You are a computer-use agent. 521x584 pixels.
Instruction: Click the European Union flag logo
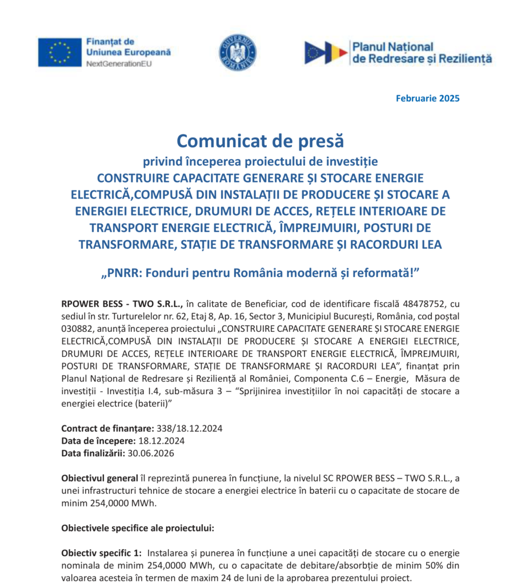click(60, 52)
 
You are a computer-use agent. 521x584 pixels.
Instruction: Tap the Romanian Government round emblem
click(238, 52)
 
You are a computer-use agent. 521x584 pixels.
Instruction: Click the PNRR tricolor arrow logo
click(326, 52)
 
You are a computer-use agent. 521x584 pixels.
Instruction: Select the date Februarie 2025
click(427, 98)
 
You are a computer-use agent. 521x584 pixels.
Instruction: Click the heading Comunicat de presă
click(260, 140)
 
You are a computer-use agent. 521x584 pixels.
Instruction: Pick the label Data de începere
click(98, 441)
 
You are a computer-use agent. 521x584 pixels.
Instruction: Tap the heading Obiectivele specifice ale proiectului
click(138, 528)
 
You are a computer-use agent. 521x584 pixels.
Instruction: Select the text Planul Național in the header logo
click(393, 47)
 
